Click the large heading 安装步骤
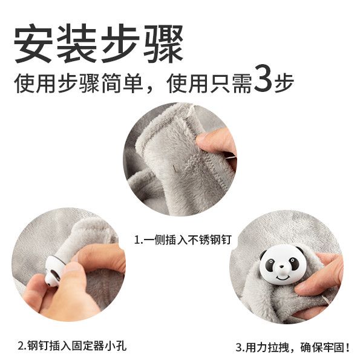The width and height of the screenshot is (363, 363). point(99,44)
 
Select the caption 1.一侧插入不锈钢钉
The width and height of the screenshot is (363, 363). point(183,240)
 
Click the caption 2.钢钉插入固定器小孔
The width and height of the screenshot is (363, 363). point(72,346)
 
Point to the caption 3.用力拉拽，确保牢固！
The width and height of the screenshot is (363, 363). point(292,347)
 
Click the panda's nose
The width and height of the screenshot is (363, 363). point(281,267)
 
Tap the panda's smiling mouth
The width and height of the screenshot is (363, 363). point(283,276)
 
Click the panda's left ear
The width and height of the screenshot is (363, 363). point(263,255)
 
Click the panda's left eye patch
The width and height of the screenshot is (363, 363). point(270,264)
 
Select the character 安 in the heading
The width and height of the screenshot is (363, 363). point(33,44)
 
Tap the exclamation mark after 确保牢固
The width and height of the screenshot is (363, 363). point(347,347)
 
